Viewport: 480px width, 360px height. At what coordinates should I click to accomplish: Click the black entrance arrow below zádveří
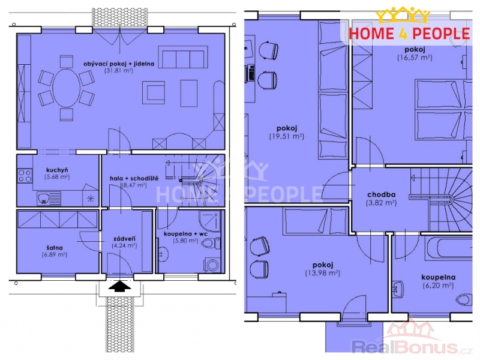pyautogui.click(x=119, y=287)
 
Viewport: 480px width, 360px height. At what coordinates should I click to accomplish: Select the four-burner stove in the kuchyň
pyautogui.click(x=25, y=176)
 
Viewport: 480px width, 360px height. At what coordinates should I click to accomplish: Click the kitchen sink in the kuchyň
pyautogui.click(x=49, y=199)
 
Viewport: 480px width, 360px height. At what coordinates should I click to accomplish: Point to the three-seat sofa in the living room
pyautogui.click(x=183, y=57)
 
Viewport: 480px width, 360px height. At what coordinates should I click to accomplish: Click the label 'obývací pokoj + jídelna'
pyautogui.click(x=119, y=64)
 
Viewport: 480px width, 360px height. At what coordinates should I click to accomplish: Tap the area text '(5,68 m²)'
pyautogui.click(x=57, y=176)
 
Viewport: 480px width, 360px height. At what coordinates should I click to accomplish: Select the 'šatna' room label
pyautogui.click(x=55, y=248)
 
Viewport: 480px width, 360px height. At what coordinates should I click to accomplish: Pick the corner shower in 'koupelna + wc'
pyautogui.click(x=210, y=221)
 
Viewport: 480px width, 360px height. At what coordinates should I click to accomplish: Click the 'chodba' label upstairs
pyautogui.click(x=382, y=194)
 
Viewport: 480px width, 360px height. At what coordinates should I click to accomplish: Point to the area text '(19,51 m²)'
pyautogui.click(x=287, y=137)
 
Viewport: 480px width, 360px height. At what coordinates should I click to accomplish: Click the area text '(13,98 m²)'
pyautogui.click(x=323, y=273)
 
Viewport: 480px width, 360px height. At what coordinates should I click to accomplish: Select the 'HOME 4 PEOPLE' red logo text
pyautogui.click(x=409, y=34)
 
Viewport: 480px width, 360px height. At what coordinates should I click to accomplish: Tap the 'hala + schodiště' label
pyautogui.click(x=134, y=178)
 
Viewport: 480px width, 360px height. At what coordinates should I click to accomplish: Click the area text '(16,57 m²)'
pyautogui.click(x=415, y=58)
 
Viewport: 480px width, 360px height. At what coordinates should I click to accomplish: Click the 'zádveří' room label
pyautogui.click(x=124, y=238)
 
